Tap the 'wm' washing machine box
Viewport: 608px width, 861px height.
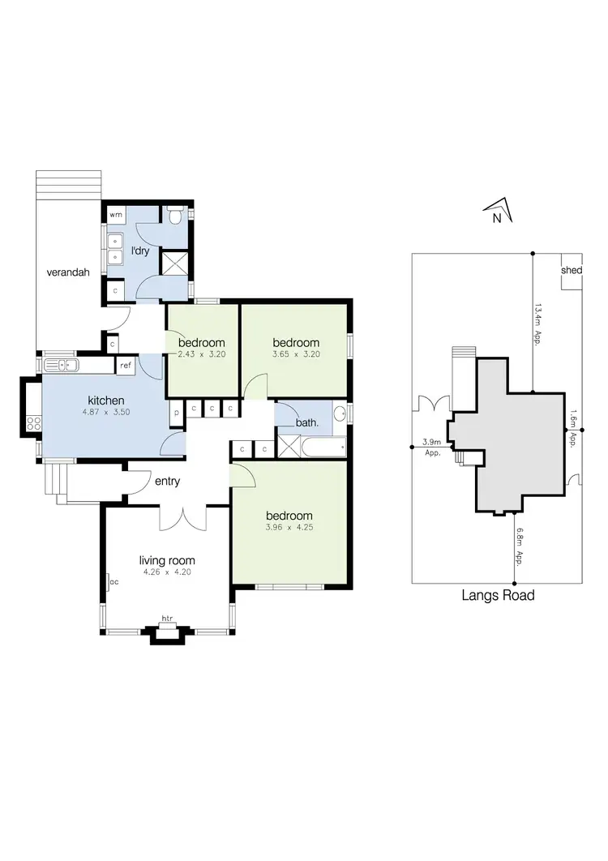click(x=116, y=215)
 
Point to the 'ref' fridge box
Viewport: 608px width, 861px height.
click(x=126, y=366)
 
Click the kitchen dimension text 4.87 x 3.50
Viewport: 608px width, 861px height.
click(x=106, y=413)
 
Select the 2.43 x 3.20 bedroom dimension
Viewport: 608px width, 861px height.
click(x=201, y=354)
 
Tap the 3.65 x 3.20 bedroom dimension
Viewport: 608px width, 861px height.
click(x=296, y=354)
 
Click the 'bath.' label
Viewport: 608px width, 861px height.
click(x=306, y=422)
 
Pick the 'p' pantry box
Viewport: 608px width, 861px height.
click(x=176, y=411)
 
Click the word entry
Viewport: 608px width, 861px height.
click(x=166, y=482)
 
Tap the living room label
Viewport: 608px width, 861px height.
click(x=167, y=560)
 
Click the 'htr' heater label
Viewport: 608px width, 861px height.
click(x=168, y=619)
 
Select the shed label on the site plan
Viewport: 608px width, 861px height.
click(x=572, y=271)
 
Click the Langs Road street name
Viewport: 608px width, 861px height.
click(x=498, y=596)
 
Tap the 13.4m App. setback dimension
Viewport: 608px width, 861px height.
click(x=537, y=324)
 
